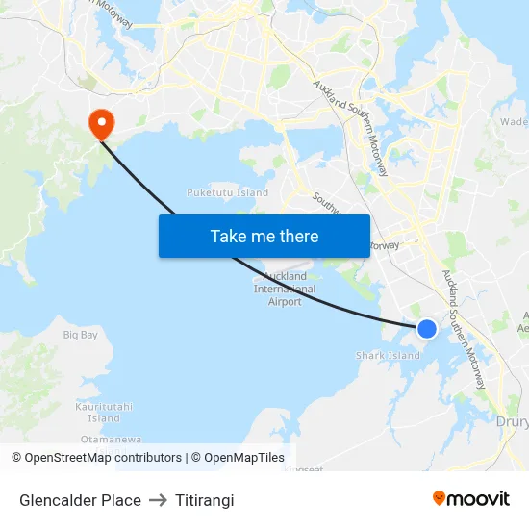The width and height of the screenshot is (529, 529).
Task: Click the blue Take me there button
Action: [264, 236]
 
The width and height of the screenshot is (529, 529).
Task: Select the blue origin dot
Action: [427, 329]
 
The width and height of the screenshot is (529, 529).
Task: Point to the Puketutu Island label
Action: [228, 192]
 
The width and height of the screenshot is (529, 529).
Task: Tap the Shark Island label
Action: [389, 356]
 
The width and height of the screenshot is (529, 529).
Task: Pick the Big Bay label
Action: [81, 335]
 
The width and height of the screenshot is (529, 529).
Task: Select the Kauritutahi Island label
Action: [104, 413]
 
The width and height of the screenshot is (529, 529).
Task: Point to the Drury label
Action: [511, 421]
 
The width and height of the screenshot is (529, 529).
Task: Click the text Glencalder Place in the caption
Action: [80, 500]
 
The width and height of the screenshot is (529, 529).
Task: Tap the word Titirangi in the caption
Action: [205, 500]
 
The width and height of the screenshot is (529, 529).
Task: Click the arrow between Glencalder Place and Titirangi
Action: [158, 500]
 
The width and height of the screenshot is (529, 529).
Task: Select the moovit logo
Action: [471, 498]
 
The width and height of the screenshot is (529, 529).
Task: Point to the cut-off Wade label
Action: [514, 122]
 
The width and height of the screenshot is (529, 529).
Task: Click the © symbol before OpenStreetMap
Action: [16, 458]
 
